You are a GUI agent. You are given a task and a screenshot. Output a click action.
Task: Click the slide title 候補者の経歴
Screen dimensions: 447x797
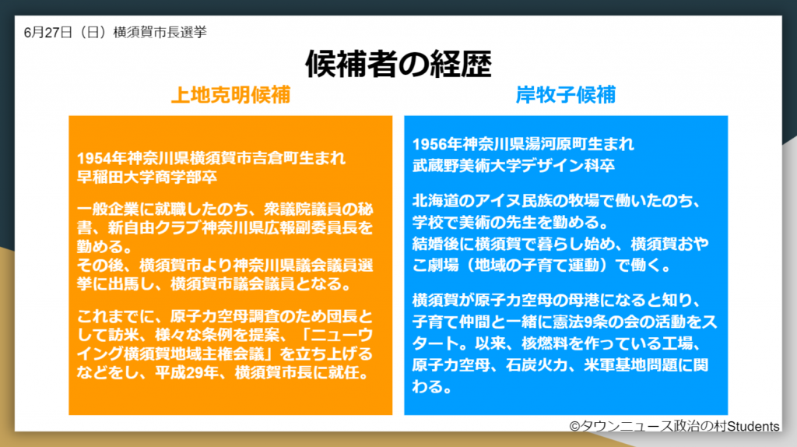click(398, 63)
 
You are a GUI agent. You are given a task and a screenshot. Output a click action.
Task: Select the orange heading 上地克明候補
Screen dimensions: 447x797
click(230, 95)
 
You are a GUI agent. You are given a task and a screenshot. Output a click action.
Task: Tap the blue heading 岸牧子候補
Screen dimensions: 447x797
click(565, 95)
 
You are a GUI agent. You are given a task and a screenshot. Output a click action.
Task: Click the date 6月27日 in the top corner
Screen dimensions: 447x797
click(47, 32)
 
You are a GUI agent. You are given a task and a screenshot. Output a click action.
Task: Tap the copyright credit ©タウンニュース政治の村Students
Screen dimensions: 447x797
click(674, 426)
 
